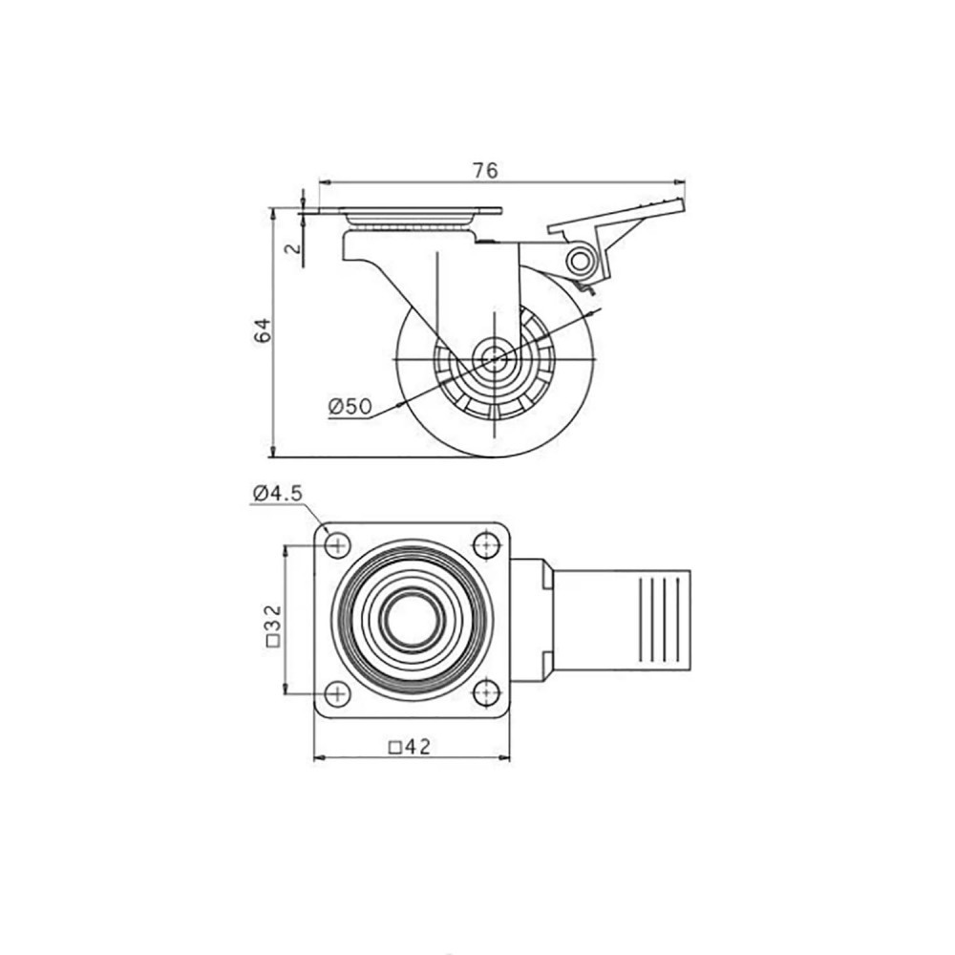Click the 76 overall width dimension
pyautogui.click(x=485, y=171)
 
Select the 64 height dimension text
pyautogui.click(x=263, y=330)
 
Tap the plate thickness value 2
pyautogui.click(x=293, y=248)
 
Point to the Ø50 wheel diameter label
pyautogui.click(x=350, y=406)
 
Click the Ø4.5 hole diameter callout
pyautogui.click(x=278, y=493)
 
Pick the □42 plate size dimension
pyautogui.click(x=410, y=746)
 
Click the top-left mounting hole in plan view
pyautogui.click(x=337, y=544)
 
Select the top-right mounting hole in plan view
pyautogui.click(x=487, y=544)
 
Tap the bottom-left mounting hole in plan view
pyautogui.click(x=337, y=693)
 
